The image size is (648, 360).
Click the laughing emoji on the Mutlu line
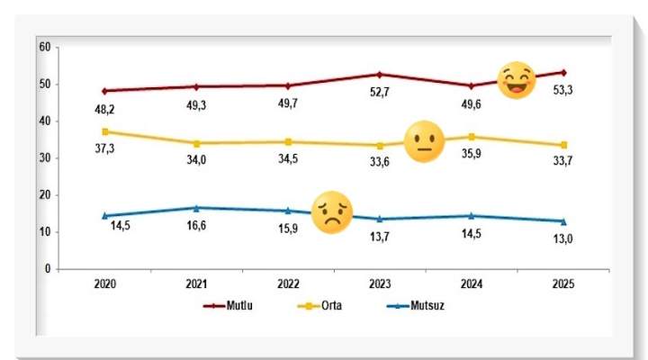517,81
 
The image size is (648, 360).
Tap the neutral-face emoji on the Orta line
424,142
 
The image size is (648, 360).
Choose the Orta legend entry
324,306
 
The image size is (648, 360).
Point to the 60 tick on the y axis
43,47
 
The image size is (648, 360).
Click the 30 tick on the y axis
43,158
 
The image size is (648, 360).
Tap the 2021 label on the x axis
196,283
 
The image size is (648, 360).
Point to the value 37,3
105,148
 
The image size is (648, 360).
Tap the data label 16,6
197,227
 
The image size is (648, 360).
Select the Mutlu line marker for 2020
104,91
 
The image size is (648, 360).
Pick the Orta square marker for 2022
288,141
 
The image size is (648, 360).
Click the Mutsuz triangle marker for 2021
196,208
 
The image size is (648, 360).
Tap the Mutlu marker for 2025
563,72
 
